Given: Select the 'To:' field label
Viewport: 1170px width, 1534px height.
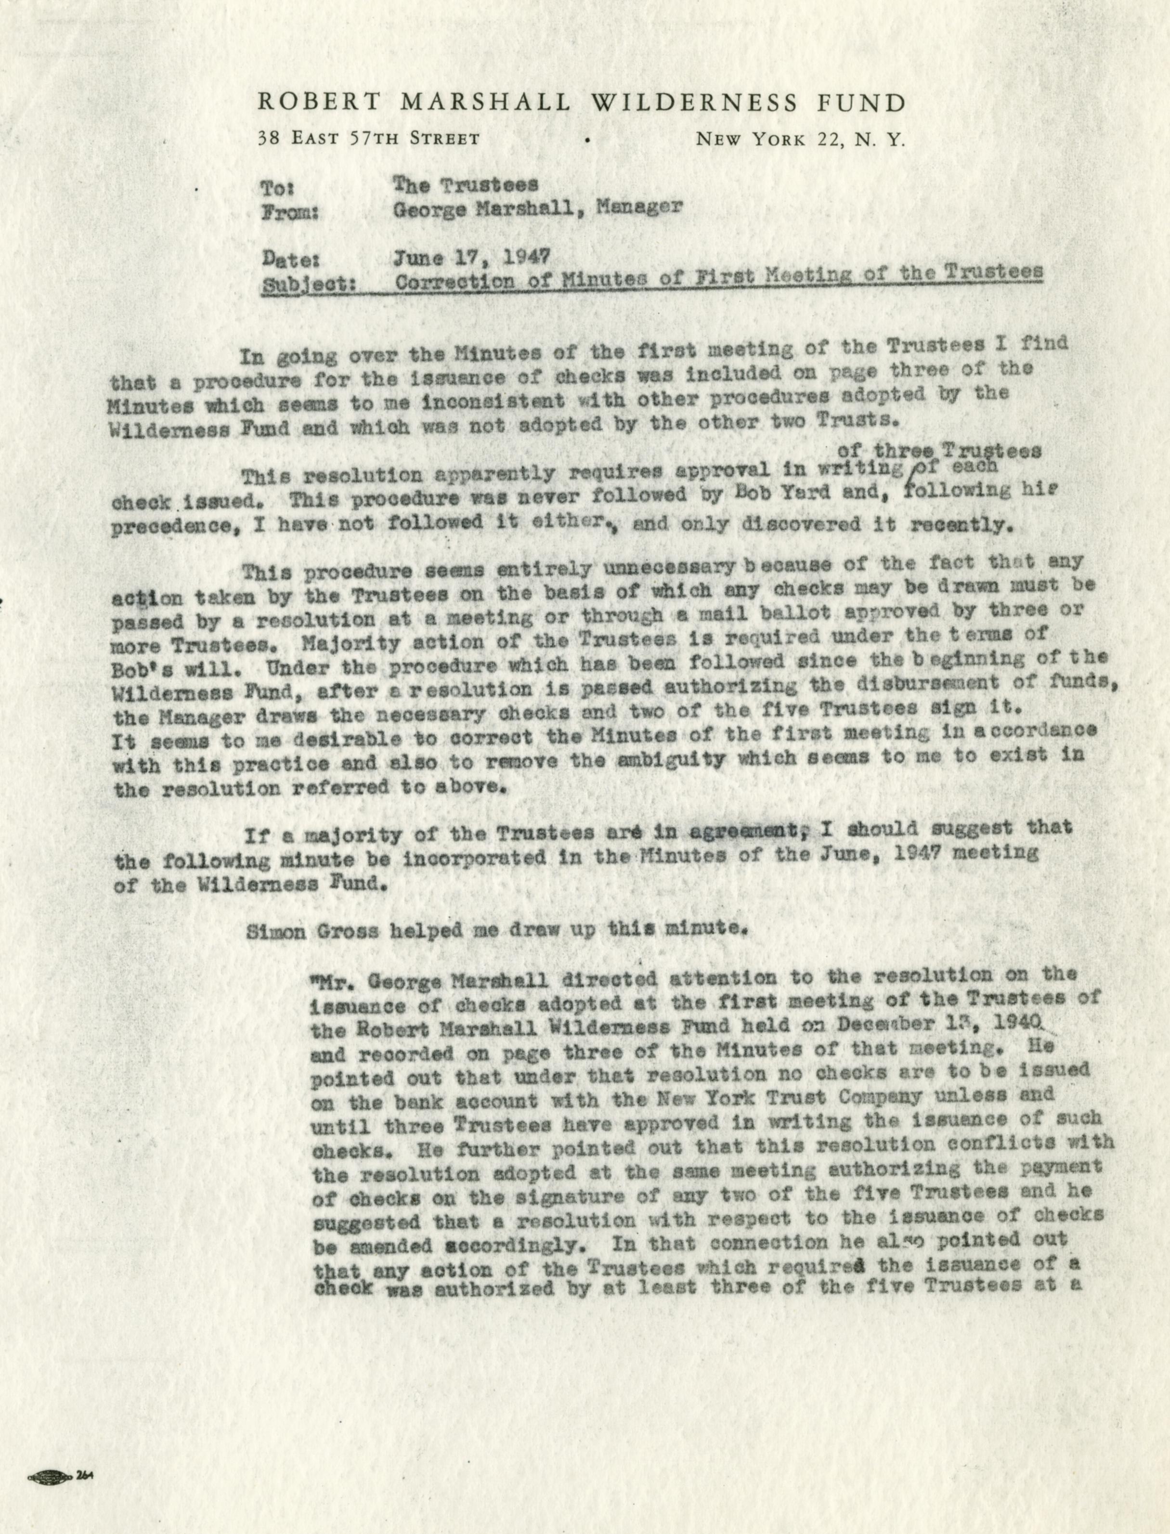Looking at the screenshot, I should coord(279,188).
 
